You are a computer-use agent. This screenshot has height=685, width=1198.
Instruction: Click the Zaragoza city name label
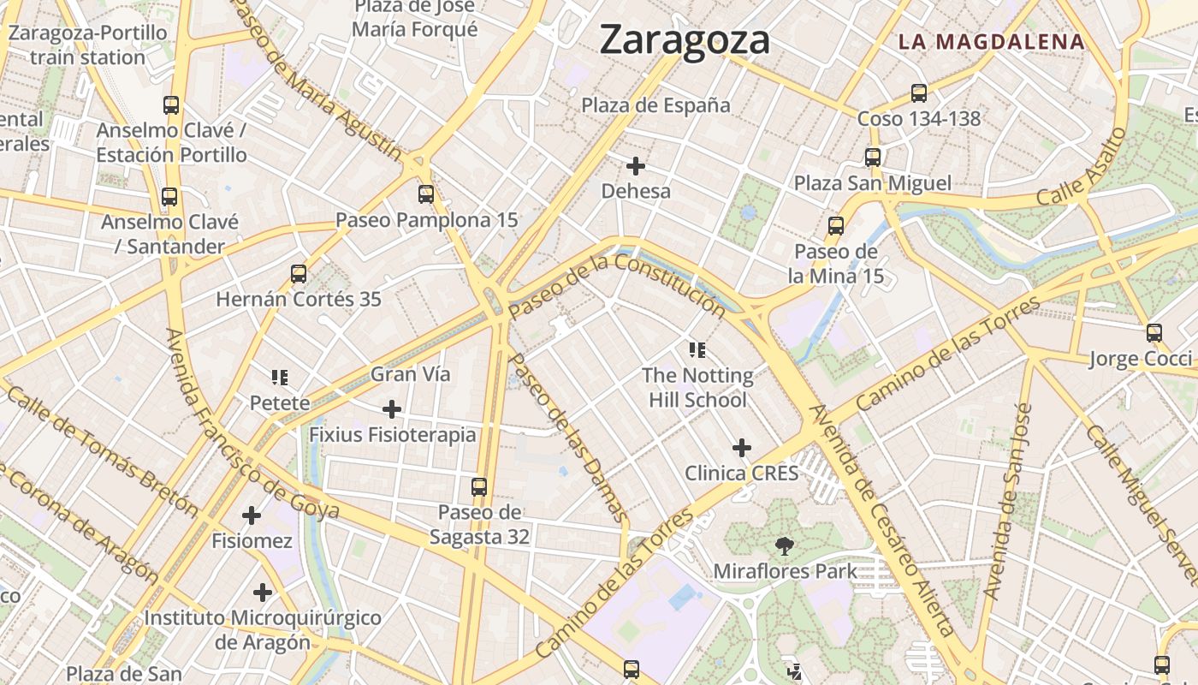[685, 40]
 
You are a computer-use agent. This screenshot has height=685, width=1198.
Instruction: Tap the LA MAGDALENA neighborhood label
[991, 41]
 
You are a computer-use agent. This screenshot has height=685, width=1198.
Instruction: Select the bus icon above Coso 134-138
[919, 93]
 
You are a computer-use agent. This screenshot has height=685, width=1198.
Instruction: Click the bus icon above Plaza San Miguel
[873, 158]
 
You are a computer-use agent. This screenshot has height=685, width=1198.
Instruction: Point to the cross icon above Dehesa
[636, 166]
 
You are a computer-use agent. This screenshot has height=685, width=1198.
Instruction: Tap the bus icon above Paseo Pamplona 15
[426, 194]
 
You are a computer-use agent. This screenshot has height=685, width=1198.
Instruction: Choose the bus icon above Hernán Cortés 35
[299, 274]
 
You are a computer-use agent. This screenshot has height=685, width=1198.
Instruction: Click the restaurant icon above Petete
[280, 377]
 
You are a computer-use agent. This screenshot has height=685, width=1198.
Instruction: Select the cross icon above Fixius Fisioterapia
[392, 409]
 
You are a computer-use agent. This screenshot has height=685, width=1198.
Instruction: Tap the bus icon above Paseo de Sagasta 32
[479, 487]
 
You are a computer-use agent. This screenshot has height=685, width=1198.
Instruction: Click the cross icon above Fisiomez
[252, 515]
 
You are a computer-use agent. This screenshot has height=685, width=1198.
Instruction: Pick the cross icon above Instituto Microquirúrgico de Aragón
[263, 593]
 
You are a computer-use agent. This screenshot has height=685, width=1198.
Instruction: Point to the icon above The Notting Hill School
[697, 349]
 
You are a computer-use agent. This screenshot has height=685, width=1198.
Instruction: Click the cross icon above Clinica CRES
[742, 448]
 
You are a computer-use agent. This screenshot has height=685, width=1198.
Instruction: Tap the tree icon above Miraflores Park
[784, 545]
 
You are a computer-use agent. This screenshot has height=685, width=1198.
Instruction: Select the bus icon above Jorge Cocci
[1154, 333]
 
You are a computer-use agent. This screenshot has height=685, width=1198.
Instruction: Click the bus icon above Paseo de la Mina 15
[836, 226]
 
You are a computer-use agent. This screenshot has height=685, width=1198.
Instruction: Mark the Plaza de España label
[656, 105]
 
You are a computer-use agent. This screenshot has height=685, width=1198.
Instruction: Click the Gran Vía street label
[411, 374]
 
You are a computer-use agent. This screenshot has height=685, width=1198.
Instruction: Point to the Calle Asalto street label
[1082, 168]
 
